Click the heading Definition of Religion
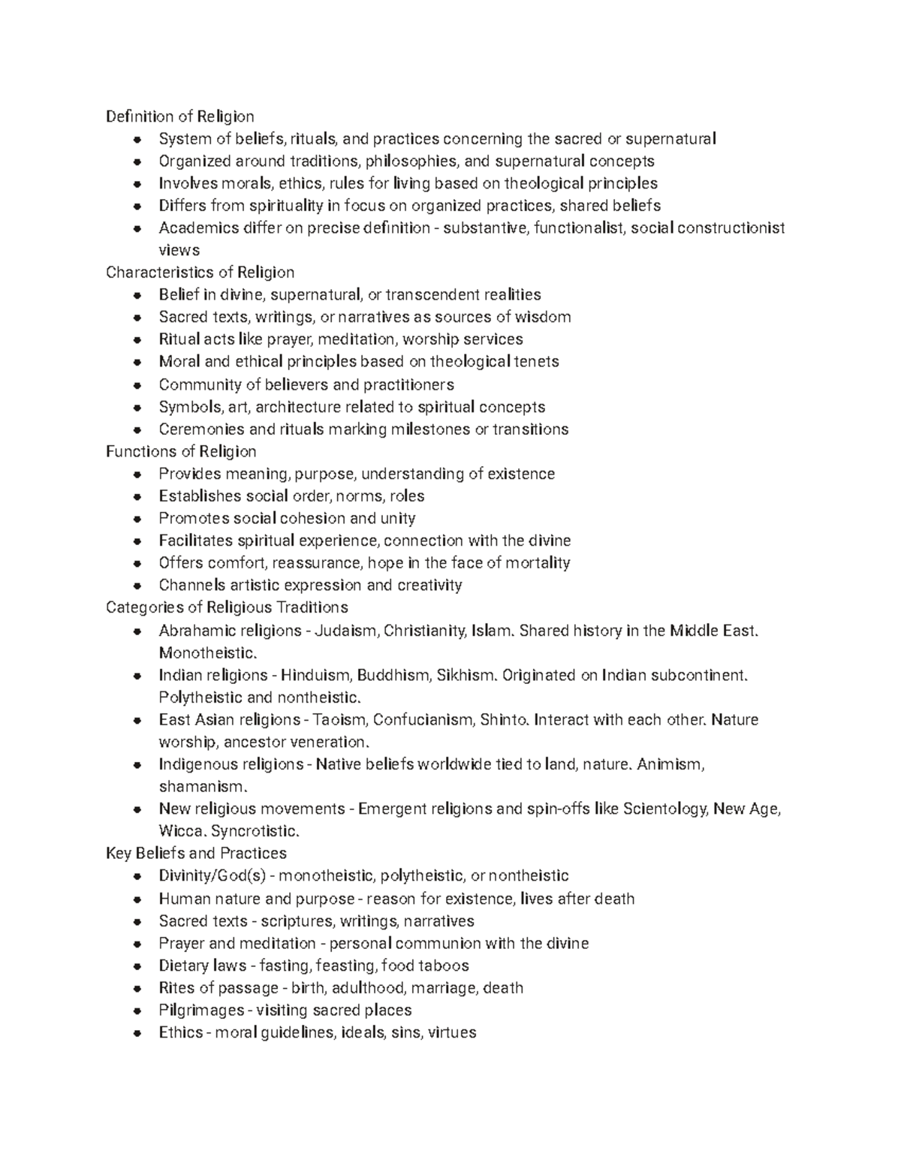tap(180, 116)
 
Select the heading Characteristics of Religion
tap(200, 272)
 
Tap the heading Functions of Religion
tap(181, 451)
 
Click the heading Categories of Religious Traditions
tap(227, 607)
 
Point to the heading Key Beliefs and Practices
tap(196, 853)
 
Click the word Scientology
tap(661, 809)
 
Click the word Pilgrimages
tap(201, 1010)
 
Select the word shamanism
tap(202, 787)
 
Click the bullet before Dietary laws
tap(137, 966)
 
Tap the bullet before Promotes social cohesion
tap(137, 519)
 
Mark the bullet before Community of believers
tap(137, 385)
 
